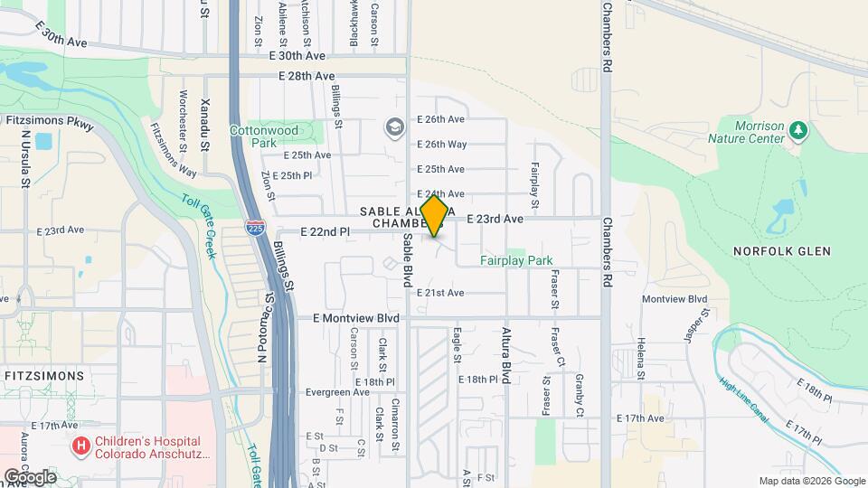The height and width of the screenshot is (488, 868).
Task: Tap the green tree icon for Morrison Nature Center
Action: pos(797,132)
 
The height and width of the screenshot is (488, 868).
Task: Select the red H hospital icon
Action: pos(81,446)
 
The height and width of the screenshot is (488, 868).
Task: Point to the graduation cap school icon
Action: pos(393,127)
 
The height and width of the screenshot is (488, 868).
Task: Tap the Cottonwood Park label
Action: pos(263,136)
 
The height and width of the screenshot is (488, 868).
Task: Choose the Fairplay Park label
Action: pos(516,261)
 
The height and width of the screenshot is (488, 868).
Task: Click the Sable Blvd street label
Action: pos(408,261)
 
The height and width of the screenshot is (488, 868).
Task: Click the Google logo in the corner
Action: pos(30,476)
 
